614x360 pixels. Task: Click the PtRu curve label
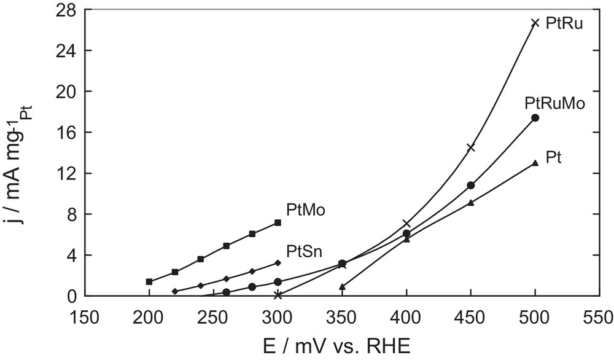[565, 25]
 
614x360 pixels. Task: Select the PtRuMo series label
[553, 103]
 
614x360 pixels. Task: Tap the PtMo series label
[305, 210]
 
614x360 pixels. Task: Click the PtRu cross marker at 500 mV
[535, 23]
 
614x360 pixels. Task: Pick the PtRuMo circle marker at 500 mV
[535, 117]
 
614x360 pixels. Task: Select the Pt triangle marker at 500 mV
[535, 163]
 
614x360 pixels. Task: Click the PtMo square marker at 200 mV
[149, 281]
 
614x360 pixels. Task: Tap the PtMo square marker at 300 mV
[278, 222]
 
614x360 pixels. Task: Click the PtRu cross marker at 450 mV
[470, 147]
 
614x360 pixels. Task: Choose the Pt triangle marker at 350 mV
[342, 286]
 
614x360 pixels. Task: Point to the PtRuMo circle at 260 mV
[226, 292]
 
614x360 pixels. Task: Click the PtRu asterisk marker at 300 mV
[278, 295]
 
